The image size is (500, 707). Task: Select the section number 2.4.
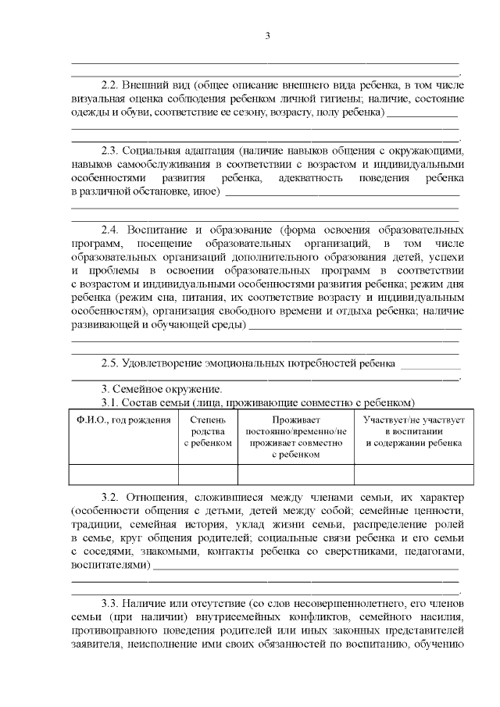pyautogui.click(x=113, y=230)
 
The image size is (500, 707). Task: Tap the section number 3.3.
pyautogui.click(x=113, y=604)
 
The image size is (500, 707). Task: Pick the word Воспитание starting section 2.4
pyautogui.click(x=161, y=230)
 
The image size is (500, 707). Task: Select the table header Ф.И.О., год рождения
pyautogui.click(x=123, y=420)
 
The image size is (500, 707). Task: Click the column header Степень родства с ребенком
pyautogui.click(x=208, y=431)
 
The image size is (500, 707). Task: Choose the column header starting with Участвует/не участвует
pyautogui.click(x=414, y=431)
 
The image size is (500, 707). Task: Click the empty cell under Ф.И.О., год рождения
pyautogui.click(x=123, y=474)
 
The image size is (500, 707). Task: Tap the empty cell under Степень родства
pyautogui.click(x=208, y=474)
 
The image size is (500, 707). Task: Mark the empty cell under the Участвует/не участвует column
pyautogui.click(x=414, y=474)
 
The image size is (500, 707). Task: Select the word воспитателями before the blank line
pyautogui.click(x=109, y=564)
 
